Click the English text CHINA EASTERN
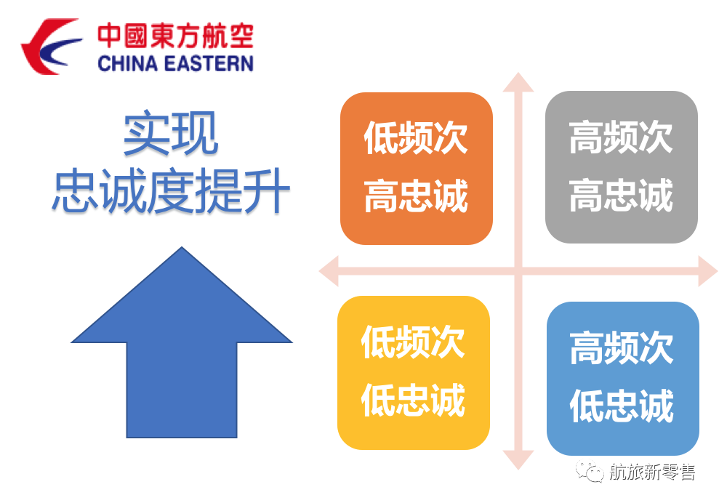(x=176, y=63)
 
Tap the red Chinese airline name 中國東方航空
(x=176, y=36)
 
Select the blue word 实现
(x=171, y=133)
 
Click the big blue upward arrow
(x=182, y=342)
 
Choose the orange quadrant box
(x=417, y=169)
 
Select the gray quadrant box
(x=622, y=167)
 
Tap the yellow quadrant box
(x=414, y=373)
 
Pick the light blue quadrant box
(x=623, y=378)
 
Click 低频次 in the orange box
(x=415, y=137)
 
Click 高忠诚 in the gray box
(x=621, y=196)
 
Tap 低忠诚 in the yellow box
(x=413, y=401)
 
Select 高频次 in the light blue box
(x=622, y=348)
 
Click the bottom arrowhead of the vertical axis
(x=518, y=460)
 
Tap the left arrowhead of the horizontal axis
(x=329, y=271)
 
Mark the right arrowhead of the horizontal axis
(x=708, y=271)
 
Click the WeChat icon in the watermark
(x=590, y=471)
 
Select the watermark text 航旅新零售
(x=652, y=472)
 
